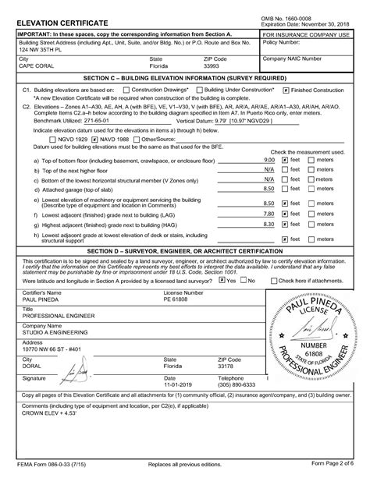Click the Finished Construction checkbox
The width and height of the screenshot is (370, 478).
pos(286,90)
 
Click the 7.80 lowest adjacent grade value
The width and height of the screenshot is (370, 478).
pos(268,213)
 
